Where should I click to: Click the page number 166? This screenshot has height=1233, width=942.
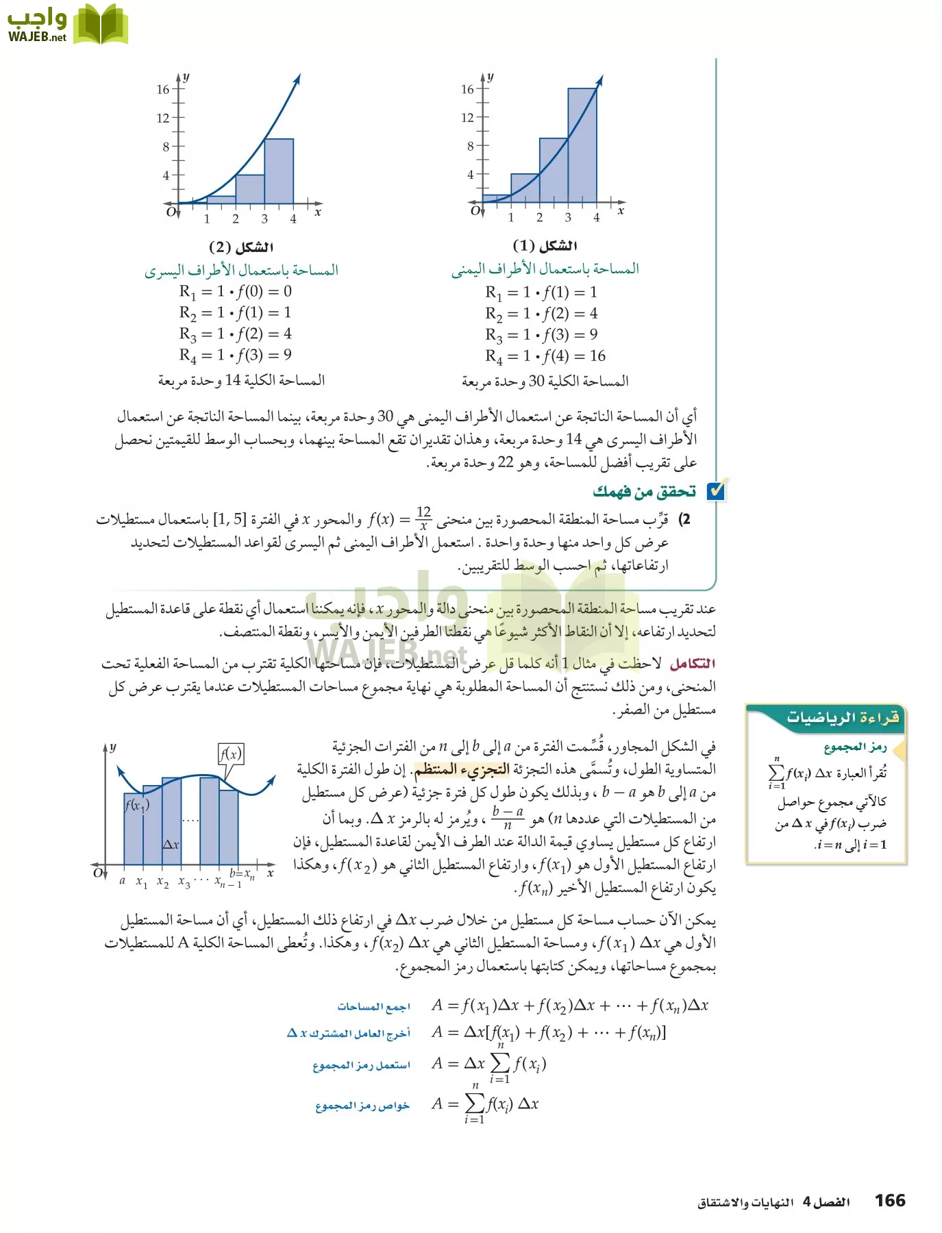(890, 1200)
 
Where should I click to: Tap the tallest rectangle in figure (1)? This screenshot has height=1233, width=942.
(582, 145)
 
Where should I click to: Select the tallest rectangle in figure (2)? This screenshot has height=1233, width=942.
(279, 171)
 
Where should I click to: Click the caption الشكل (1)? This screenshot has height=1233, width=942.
(545, 246)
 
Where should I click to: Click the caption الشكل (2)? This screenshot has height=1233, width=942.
(240, 247)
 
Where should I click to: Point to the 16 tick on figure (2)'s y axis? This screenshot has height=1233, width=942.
(163, 89)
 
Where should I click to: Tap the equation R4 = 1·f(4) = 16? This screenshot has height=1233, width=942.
(545, 356)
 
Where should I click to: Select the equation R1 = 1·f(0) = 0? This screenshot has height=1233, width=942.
(235, 292)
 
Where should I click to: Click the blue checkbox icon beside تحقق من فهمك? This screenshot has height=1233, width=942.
(715, 490)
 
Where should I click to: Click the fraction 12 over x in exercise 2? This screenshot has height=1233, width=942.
(423, 519)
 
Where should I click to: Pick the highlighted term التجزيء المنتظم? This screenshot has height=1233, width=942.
(462, 769)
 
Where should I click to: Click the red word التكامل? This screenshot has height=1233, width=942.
(692, 663)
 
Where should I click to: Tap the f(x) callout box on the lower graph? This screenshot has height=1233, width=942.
(231, 754)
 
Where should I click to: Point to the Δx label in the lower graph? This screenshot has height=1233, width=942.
(171, 845)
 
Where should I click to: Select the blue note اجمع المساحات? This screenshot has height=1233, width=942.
(373, 1006)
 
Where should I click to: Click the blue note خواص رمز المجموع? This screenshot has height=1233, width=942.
(362, 1106)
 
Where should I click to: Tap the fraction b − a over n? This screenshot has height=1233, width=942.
(508, 817)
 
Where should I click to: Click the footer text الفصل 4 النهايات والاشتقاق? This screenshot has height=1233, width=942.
(773, 1202)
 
